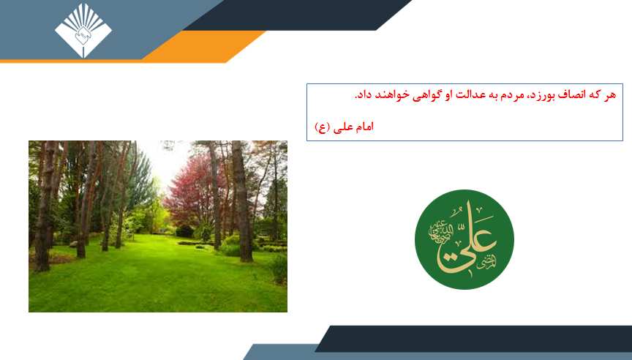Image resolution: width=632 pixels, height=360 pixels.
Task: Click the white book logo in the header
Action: coord(83,31)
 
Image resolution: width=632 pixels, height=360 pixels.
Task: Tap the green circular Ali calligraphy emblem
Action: coord(464,239)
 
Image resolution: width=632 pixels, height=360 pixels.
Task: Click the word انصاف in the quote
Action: coord(572,94)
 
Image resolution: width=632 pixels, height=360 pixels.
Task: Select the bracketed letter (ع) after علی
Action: coord(323,127)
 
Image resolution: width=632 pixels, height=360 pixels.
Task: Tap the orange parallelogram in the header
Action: coord(203,47)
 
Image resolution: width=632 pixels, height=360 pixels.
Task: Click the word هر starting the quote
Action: coord(610,95)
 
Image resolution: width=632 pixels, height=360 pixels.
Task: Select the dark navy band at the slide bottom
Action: coord(473,339)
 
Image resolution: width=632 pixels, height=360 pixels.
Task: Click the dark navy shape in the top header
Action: coord(298,15)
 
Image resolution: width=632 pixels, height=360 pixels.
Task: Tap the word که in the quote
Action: coord(595,94)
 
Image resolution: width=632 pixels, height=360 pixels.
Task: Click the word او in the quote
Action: coord(448,95)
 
